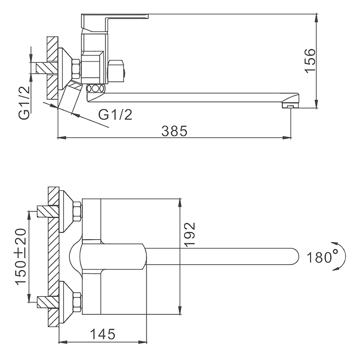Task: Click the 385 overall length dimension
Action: pyautogui.click(x=174, y=131)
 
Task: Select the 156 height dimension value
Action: pyautogui.click(x=310, y=61)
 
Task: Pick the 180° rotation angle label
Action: pyautogui.click(x=319, y=257)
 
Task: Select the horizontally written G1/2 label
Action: pyautogui.click(x=115, y=114)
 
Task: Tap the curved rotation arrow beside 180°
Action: pyautogui.click(x=337, y=256)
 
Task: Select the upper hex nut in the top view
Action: pyautogui.click(x=77, y=211)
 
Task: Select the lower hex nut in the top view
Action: pyautogui.click(x=77, y=302)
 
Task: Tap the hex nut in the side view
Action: pyautogui.click(x=76, y=69)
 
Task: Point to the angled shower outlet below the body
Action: pyautogui.click(x=69, y=98)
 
